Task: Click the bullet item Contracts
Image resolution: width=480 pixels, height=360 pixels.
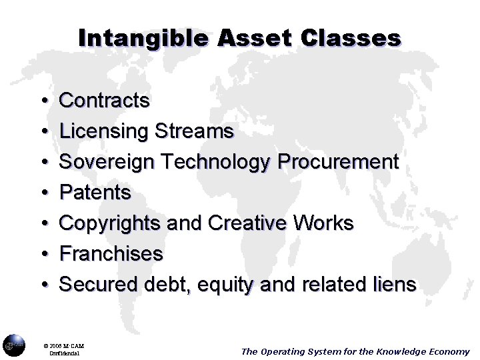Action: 105,101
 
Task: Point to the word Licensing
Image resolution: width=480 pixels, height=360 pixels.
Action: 104,131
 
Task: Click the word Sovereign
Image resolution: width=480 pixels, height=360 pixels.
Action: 107,162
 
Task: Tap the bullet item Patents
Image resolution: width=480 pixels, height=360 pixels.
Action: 95,193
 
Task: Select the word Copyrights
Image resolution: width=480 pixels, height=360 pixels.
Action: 110,223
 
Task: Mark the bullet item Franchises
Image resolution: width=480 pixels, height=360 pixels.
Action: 111,254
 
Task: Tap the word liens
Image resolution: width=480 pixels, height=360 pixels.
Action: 393,285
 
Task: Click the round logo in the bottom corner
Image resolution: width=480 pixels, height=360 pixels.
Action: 13,345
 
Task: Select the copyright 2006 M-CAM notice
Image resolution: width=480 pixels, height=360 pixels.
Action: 65,346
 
